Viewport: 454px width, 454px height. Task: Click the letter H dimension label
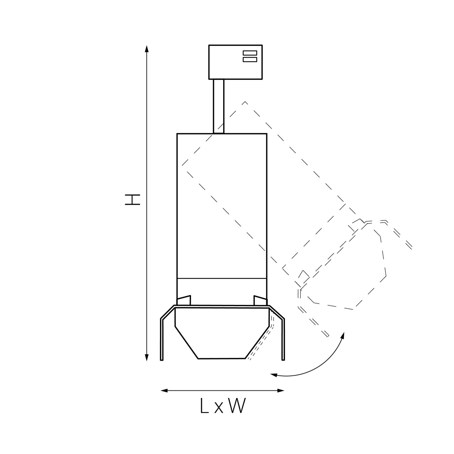click(x=132, y=200)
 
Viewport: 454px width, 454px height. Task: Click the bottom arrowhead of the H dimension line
click(x=147, y=358)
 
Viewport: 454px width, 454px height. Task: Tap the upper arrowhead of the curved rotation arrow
click(x=343, y=335)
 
